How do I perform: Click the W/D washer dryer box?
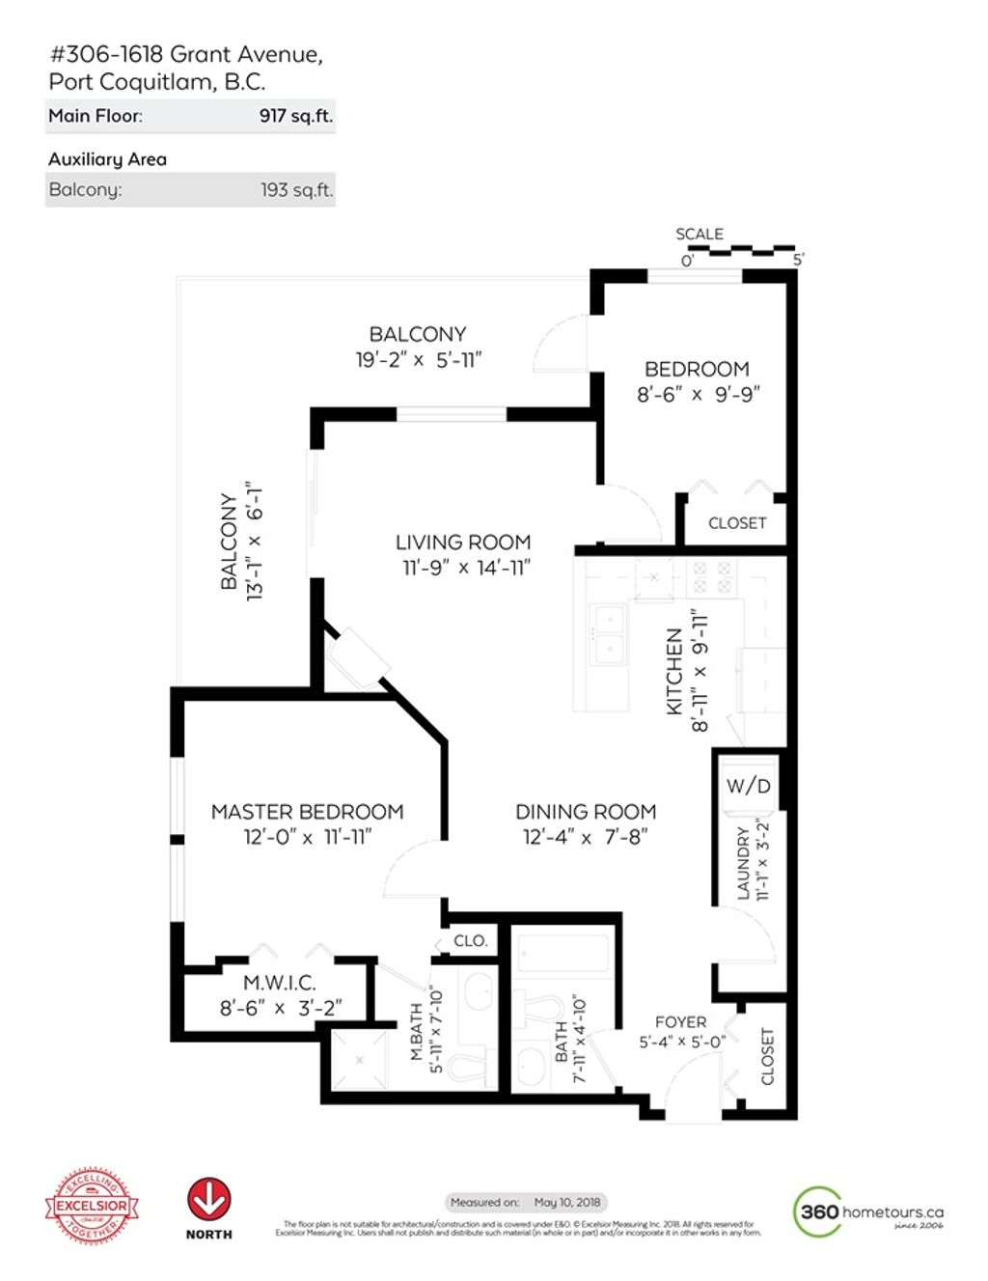(x=748, y=785)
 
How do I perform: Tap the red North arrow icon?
(x=208, y=1199)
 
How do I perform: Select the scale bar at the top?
(x=741, y=250)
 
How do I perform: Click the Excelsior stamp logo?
(x=92, y=1205)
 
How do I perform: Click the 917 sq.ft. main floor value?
(x=295, y=116)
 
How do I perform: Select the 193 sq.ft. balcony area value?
(x=296, y=190)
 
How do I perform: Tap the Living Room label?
(x=463, y=543)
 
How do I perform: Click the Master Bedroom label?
(x=307, y=812)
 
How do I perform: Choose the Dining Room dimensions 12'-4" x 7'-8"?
(x=585, y=837)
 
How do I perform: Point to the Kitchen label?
(x=674, y=672)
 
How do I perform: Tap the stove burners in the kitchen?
(x=712, y=577)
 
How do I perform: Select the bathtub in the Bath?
(x=563, y=953)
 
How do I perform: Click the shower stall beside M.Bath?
(x=360, y=1060)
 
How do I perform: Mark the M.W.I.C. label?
(x=279, y=983)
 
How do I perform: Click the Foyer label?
(x=680, y=1021)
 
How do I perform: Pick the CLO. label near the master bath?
(x=470, y=940)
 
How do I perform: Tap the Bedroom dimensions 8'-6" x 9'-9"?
(x=698, y=394)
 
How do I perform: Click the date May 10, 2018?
(x=567, y=1202)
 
